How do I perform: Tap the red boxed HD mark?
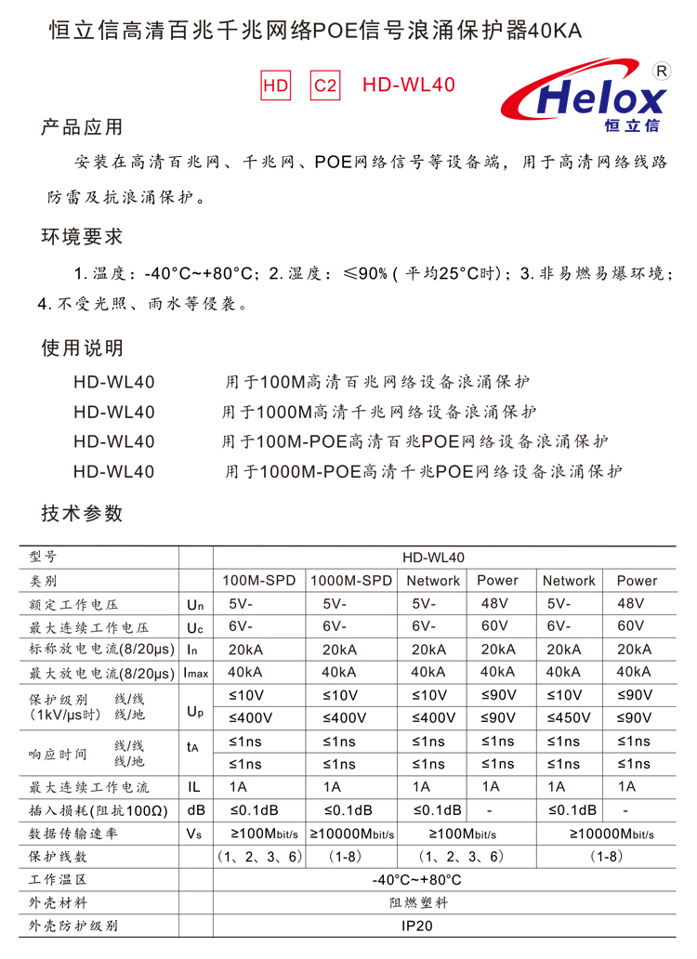276,85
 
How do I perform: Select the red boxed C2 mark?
325,85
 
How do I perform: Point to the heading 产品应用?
82,127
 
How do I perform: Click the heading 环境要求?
82,237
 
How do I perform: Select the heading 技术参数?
82,513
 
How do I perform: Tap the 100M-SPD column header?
259,581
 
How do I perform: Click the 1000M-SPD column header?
351,581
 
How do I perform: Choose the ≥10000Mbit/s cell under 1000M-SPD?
351,834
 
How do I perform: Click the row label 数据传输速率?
73,834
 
